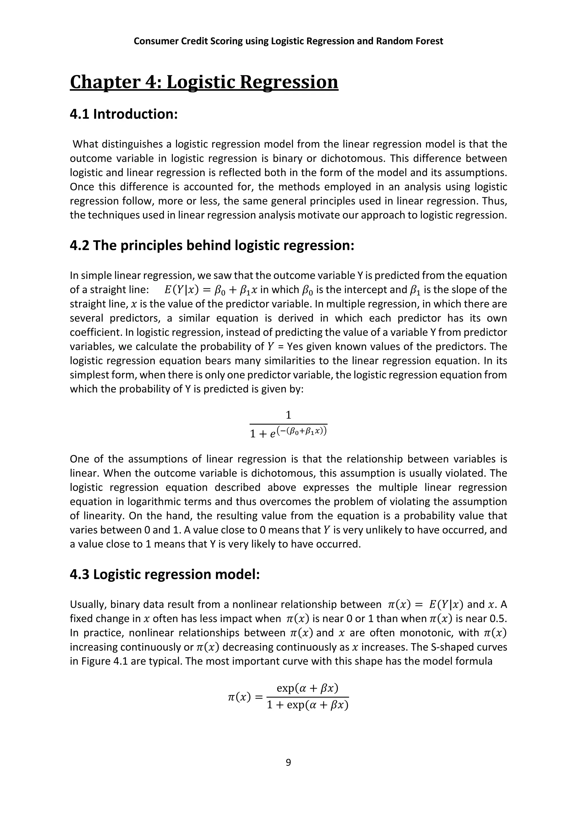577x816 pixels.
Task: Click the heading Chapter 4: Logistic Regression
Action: tap(204, 82)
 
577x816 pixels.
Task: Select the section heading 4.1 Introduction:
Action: tap(123, 114)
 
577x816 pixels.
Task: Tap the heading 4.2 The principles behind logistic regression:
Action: tap(212, 245)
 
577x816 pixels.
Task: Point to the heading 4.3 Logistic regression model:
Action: tap(165, 574)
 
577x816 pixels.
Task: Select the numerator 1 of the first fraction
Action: tap(288, 415)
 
